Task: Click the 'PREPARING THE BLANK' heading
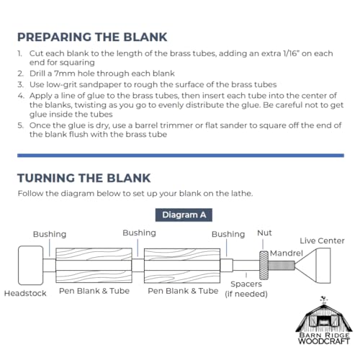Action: [92, 37]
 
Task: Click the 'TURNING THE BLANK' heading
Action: [84, 179]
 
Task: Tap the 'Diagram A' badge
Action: [184, 215]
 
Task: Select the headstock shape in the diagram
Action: [31, 265]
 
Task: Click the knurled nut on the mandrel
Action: [264, 266]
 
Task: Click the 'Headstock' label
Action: [25, 293]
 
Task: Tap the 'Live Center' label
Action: [322, 240]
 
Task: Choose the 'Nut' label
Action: [264, 233]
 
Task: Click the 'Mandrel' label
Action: [287, 253]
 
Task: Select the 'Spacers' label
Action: [246, 284]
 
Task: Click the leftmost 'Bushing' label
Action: [50, 234]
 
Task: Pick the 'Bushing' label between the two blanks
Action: [139, 233]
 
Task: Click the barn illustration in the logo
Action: [324, 315]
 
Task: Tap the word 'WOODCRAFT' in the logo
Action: [324, 341]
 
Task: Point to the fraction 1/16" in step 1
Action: [291, 53]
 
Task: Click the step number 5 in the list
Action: [20, 125]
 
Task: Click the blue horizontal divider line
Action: [181, 156]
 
